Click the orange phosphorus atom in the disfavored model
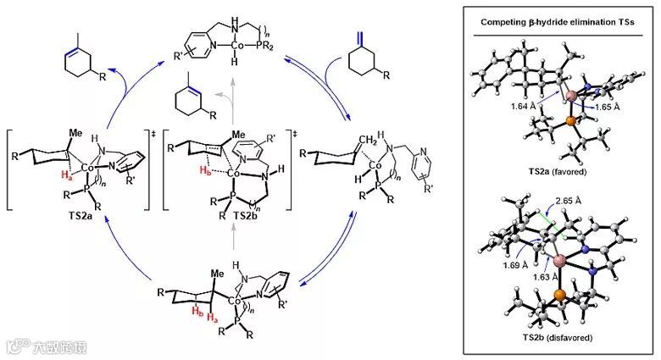561,297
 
